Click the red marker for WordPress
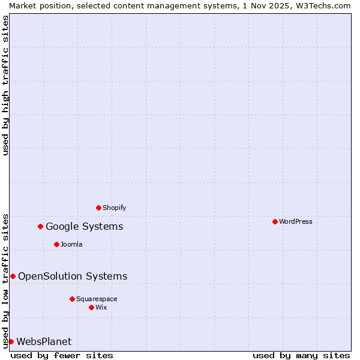point(275,221)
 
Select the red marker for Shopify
point(98,208)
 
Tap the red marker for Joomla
point(56,244)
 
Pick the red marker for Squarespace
point(72,299)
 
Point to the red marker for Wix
point(91,307)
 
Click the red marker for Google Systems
point(40,226)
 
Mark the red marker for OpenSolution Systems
point(13,276)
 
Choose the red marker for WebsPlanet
point(11,341)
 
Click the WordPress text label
point(296,221)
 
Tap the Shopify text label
point(114,208)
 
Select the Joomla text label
point(71,244)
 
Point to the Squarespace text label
point(97,299)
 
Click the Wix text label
point(101,307)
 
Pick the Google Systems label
point(84,226)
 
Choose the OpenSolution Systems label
point(73,276)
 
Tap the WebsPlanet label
point(44,341)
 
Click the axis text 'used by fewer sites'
point(62,355)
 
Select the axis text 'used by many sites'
point(301,355)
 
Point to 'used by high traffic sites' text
point(5,85)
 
